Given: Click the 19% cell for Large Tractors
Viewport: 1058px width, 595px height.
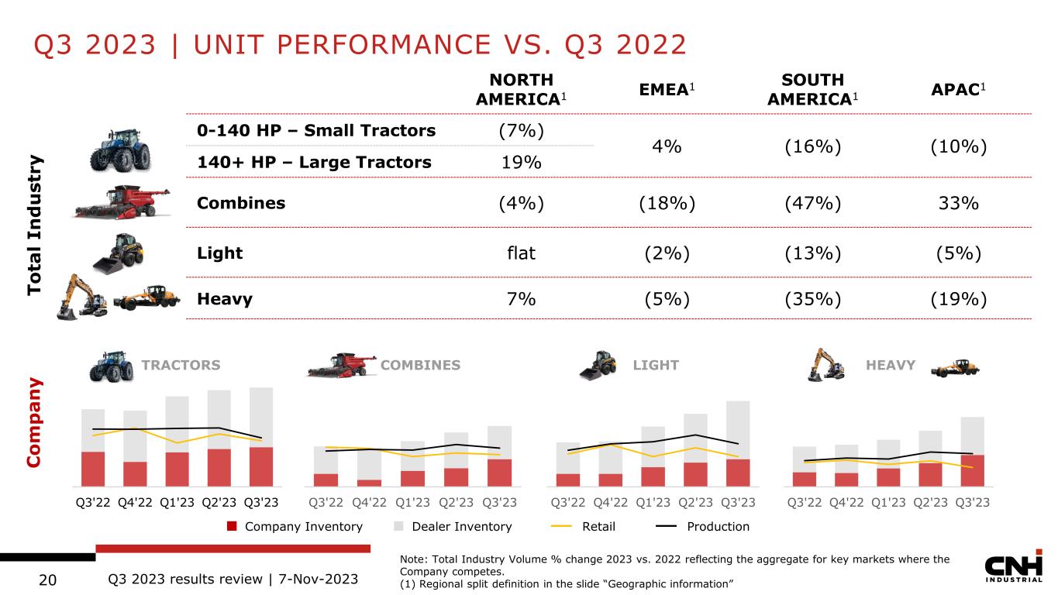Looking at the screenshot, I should click(521, 162).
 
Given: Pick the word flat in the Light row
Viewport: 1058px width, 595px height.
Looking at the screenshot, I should click(521, 253).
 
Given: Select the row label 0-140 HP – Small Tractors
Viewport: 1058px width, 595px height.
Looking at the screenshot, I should click(316, 130).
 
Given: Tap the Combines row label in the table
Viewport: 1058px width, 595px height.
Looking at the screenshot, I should click(241, 203).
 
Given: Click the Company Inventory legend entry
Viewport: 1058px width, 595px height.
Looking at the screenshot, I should click(295, 527).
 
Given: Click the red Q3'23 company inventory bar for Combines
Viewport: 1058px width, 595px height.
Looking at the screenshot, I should click(500, 472).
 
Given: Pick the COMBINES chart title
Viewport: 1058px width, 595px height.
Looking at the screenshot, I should click(420, 365).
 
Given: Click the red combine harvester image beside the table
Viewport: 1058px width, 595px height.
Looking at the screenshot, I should click(120, 203).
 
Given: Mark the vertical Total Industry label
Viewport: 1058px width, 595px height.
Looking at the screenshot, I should click(35, 225).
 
